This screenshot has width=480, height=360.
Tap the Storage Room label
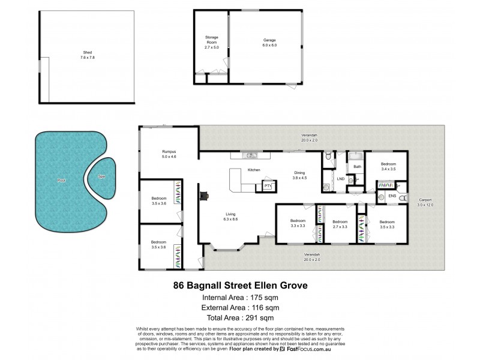[x=211, y=40]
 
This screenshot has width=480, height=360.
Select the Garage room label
[x=269, y=41]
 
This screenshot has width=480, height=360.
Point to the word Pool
[x=61, y=180]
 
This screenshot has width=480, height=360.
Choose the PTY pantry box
[x=266, y=187]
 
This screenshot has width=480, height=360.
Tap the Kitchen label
[x=254, y=170]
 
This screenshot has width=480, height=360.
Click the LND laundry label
[x=340, y=178]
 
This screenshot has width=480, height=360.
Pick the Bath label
[x=357, y=167]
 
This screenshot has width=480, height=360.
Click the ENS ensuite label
[x=392, y=196]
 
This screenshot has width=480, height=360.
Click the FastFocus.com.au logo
[x=310, y=348]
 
